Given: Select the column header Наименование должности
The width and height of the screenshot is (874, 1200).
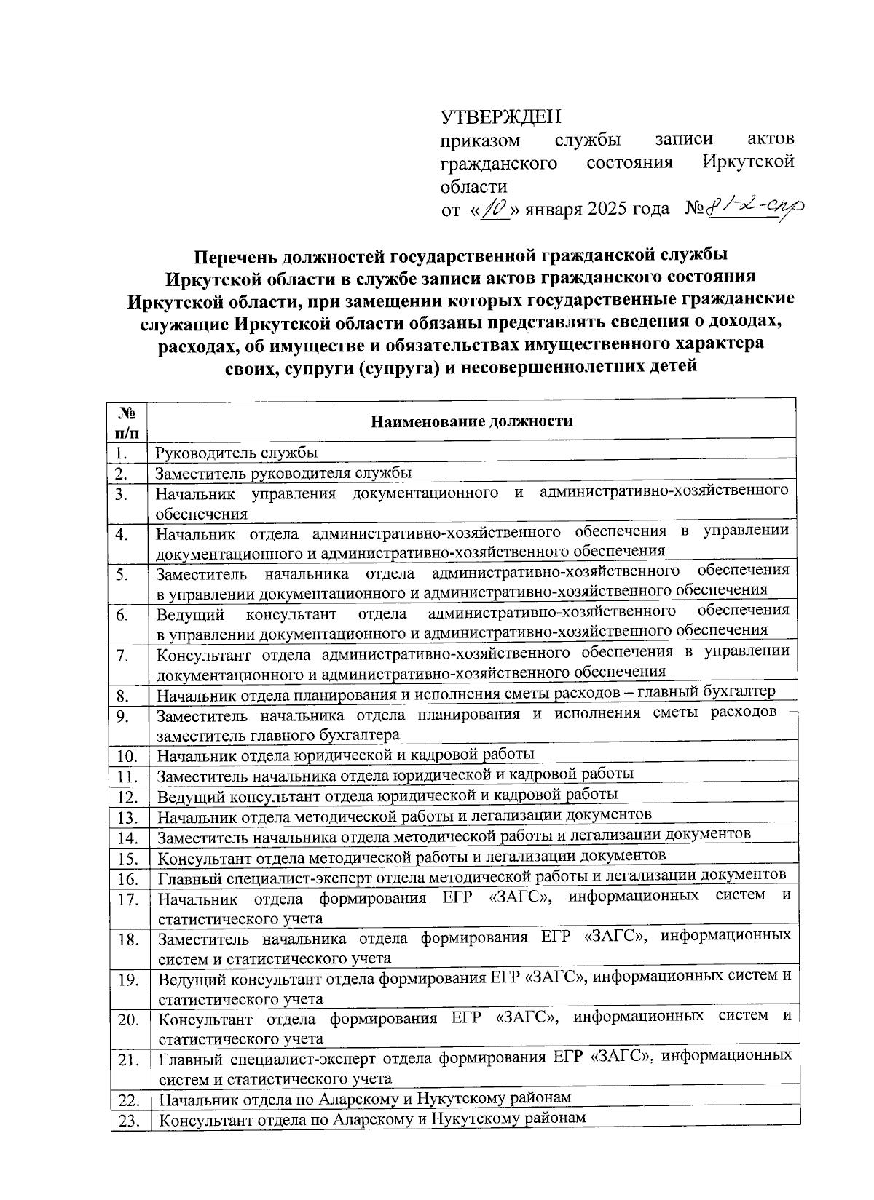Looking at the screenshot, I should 471,421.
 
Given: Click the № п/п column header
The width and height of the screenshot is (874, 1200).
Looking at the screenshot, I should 127,421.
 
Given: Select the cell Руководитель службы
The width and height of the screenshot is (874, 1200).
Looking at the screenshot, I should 237,452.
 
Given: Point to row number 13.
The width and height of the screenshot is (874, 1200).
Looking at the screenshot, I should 127,817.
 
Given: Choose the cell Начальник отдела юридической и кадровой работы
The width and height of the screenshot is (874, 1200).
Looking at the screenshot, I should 346,753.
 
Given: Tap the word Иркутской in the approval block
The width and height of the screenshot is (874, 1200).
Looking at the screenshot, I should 747,162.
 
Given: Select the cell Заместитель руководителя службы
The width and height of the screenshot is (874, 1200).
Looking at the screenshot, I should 284,472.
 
